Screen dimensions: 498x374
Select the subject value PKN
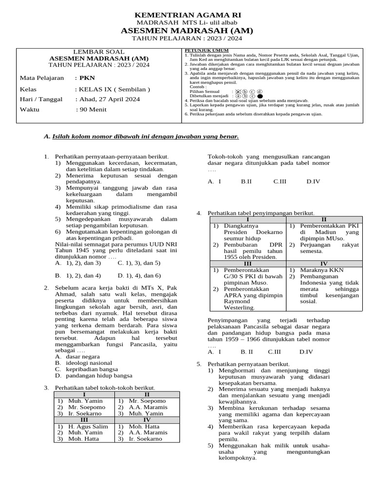88,78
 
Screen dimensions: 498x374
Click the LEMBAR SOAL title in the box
99,52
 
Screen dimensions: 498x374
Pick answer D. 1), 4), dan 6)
139,275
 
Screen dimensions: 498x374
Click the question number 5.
199,364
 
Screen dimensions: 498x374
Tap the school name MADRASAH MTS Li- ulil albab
187,23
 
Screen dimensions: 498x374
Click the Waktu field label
29,110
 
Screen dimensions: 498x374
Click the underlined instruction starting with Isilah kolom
145,137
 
